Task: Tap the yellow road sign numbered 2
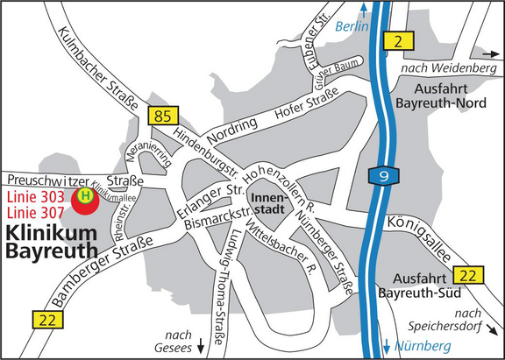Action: (x=398, y=40)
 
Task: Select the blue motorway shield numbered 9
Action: (x=384, y=176)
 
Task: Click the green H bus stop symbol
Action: (x=85, y=196)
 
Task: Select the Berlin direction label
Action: (x=351, y=27)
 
